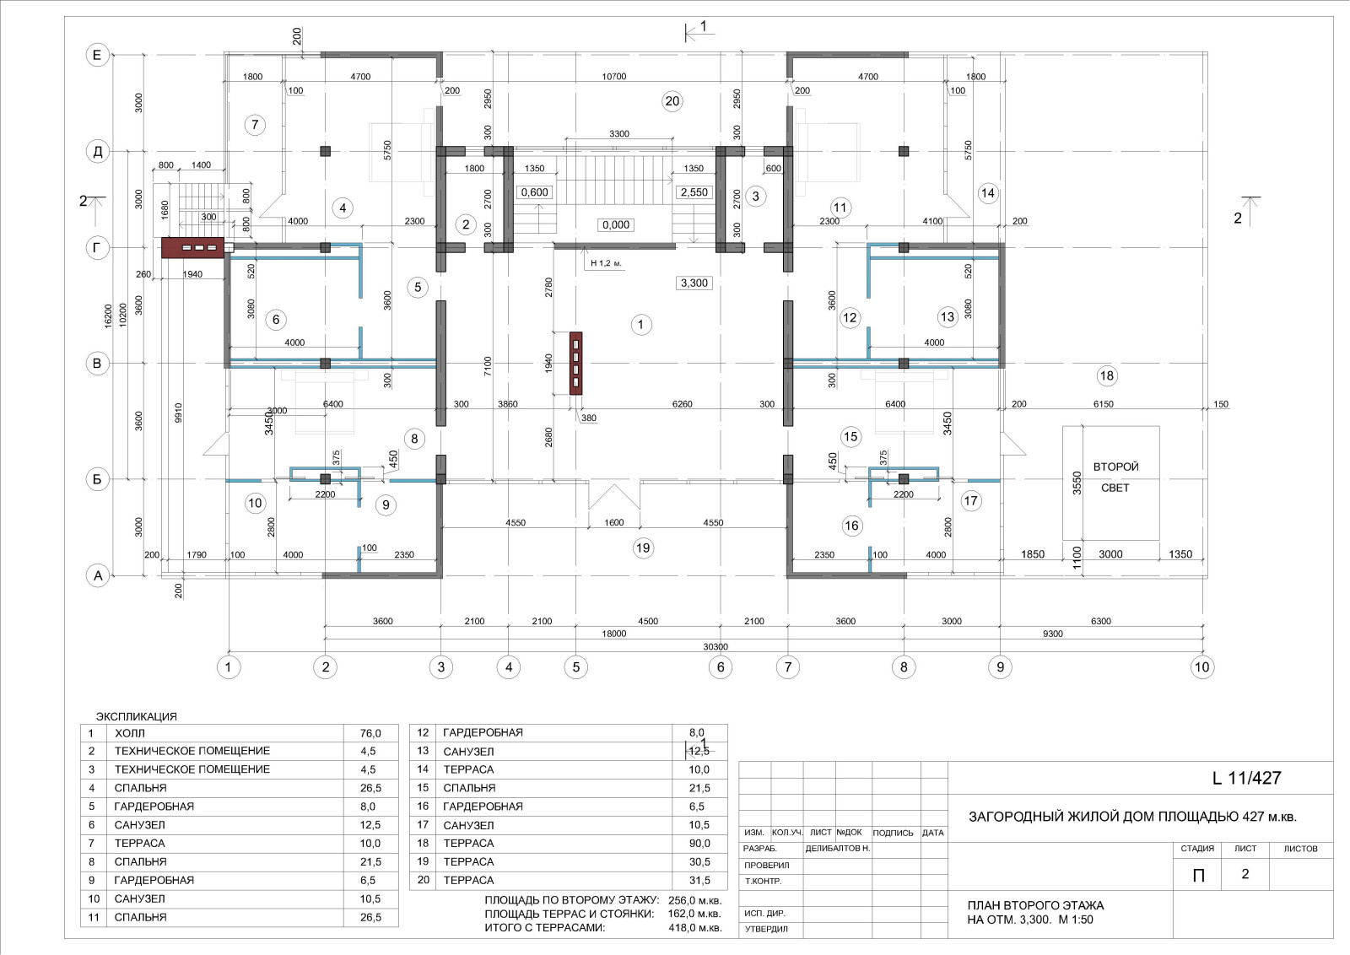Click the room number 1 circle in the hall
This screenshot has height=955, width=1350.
[x=640, y=325]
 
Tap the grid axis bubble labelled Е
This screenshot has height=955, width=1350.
[x=97, y=56]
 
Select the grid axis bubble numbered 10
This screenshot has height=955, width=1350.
[x=1201, y=667]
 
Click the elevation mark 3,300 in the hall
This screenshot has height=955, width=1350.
[x=694, y=283]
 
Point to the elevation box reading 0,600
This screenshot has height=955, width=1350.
[x=535, y=192]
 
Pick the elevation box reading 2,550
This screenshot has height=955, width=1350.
[x=694, y=192]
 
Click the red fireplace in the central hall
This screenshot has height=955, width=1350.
[x=576, y=364]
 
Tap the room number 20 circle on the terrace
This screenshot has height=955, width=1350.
[x=672, y=101]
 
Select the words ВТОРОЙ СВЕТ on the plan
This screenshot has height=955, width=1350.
[x=1115, y=477]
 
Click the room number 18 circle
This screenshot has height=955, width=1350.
[x=1106, y=376]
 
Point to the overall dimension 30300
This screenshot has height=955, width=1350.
[x=715, y=646]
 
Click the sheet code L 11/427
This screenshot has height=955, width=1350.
[x=1246, y=778]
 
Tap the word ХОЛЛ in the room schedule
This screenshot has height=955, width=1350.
[x=130, y=733]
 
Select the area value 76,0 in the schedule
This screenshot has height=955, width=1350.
[x=370, y=733]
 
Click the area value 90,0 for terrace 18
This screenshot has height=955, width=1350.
[x=699, y=844]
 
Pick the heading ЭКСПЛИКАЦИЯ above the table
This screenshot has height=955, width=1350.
[x=136, y=716]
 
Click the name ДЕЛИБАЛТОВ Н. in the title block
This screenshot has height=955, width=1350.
[x=838, y=849]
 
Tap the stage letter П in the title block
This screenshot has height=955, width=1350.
[x=1198, y=876]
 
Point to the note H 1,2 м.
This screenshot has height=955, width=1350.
[x=606, y=263]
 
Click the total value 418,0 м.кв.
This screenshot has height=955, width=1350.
[x=695, y=928]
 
